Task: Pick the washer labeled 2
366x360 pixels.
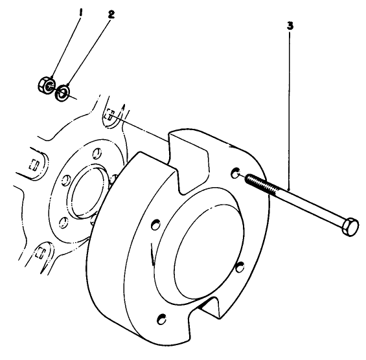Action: tap(63, 93)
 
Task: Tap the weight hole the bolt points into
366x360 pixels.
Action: tap(236, 173)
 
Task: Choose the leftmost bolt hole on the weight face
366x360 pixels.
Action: tap(155, 225)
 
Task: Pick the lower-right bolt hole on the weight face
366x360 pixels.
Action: tap(240, 265)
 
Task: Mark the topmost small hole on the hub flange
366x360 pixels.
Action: tap(97, 153)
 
